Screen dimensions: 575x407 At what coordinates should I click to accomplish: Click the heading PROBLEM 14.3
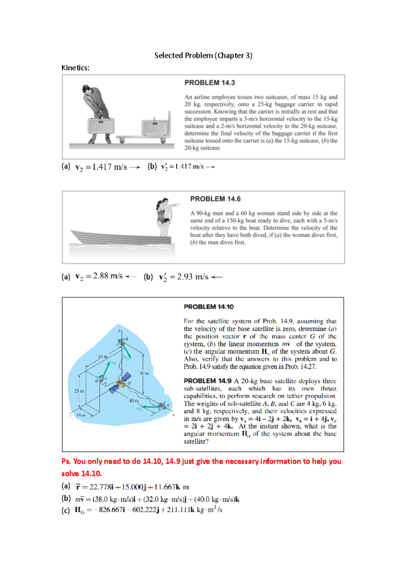tap(209, 83)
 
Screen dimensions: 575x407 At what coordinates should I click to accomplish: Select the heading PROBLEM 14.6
tap(215, 199)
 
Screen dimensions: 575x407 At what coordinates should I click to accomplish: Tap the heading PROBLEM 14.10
tap(209, 307)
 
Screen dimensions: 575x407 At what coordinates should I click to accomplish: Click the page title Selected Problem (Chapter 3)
tap(203, 55)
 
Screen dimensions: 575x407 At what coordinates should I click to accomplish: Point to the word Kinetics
tap(75, 68)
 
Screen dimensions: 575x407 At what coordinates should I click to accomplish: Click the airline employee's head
tap(87, 90)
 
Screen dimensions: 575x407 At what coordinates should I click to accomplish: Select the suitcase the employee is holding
tap(101, 126)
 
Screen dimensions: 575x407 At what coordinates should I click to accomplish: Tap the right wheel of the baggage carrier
tap(163, 140)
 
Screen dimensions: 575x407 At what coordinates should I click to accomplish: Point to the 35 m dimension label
tap(102, 357)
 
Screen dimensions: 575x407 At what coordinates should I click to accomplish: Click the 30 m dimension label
tap(144, 373)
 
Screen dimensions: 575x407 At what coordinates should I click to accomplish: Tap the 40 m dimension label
tap(134, 401)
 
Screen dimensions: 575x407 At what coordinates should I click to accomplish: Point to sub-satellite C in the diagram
tap(163, 405)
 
